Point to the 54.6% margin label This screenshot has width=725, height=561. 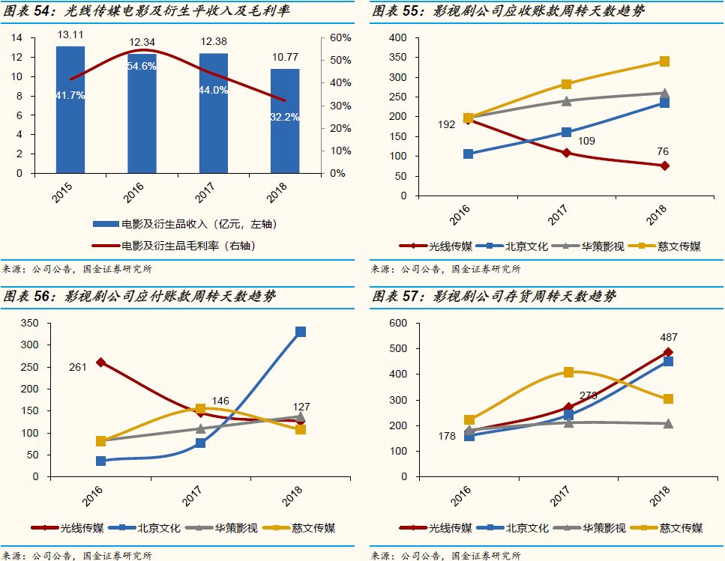click(142, 67)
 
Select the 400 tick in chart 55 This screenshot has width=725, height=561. click(398, 37)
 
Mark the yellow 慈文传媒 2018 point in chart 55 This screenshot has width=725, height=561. click(664, 61)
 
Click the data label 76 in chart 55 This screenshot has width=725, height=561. click(662, 152)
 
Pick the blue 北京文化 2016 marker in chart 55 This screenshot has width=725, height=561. click(468, 154)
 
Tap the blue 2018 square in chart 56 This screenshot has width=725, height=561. click(301, 332)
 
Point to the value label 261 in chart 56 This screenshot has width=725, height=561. click(78, 366)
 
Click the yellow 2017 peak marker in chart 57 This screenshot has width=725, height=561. click(568, 372)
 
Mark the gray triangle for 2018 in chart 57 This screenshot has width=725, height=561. click(667, 423)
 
